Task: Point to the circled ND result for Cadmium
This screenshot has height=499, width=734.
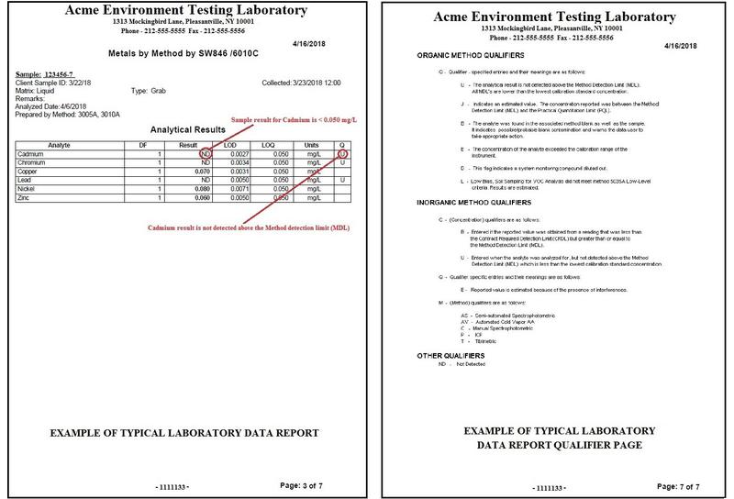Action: (x=208, y=154)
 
